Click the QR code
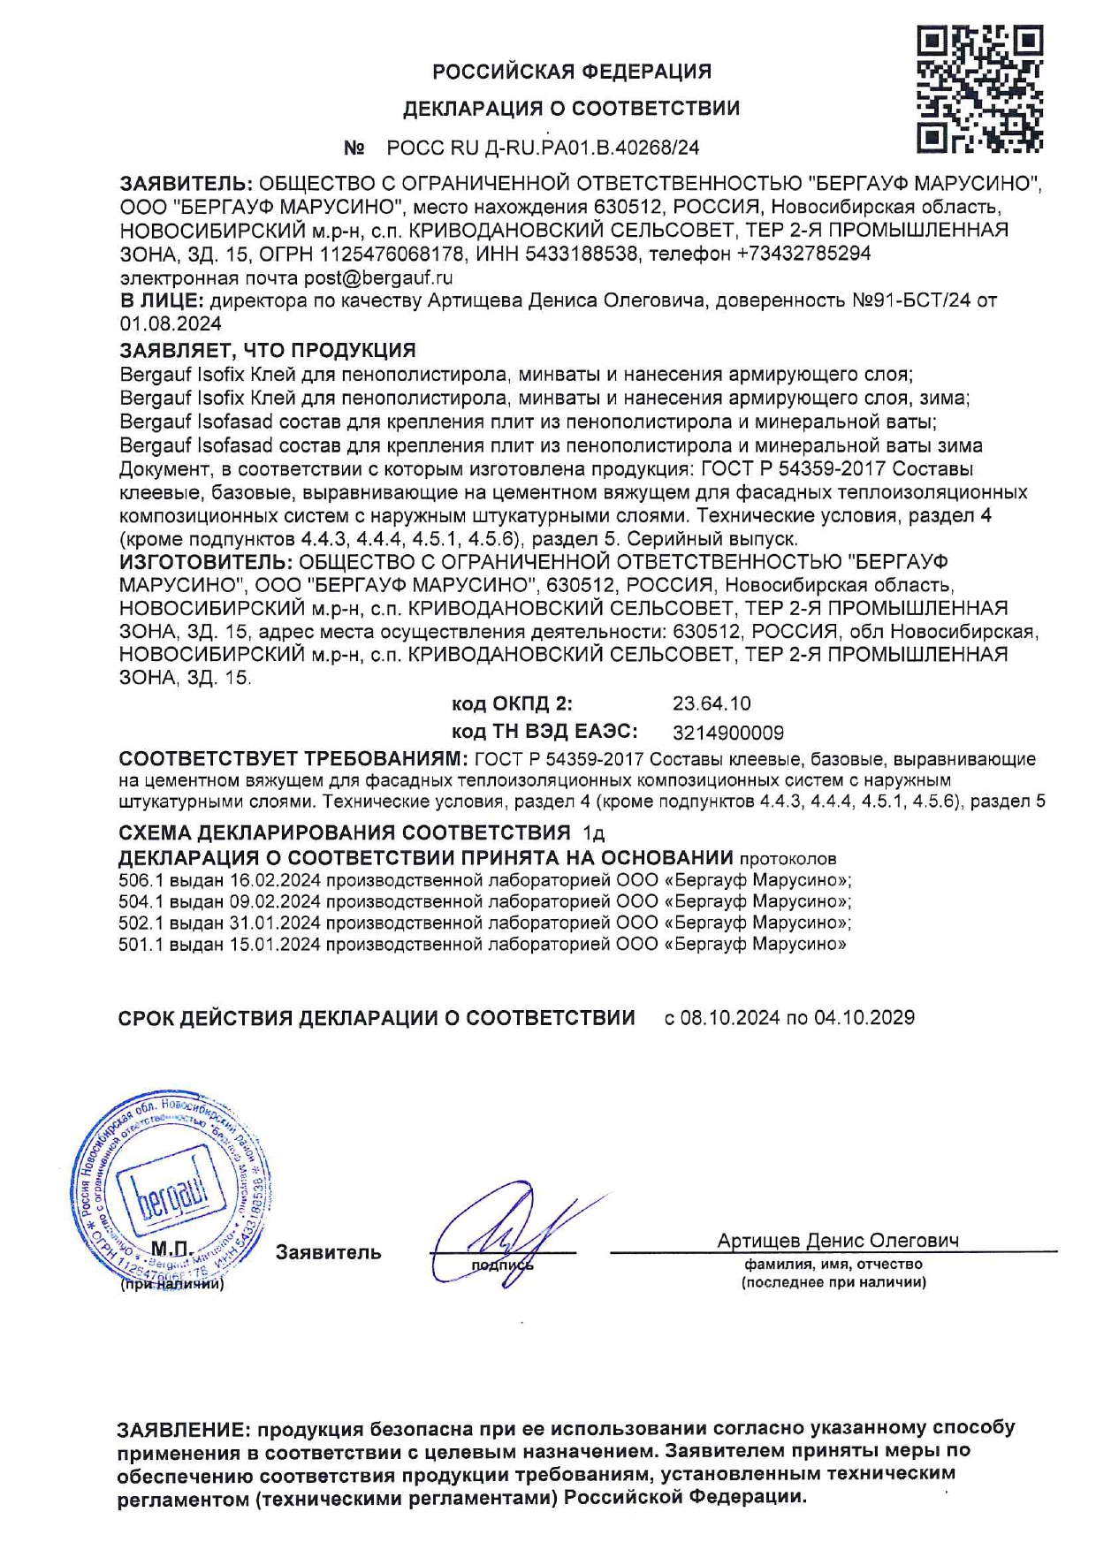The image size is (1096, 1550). click(x=979, y=88)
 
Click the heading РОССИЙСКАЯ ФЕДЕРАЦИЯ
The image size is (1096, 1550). click(x=572, y=72)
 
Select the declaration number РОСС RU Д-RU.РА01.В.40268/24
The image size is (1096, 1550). click(x=543, y=148)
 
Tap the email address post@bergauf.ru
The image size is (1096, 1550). click(x=378, y=277)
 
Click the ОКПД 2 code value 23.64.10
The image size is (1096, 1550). click(x=712, y=703)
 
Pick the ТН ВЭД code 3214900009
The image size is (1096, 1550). click(x=727, y=733)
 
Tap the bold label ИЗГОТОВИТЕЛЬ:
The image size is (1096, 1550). click(x=205, y=562)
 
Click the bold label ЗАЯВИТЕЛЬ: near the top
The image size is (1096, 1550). click(x=186, y=184)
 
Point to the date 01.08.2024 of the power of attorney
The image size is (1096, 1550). click(x=171, y=324)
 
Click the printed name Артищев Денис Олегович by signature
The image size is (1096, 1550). click(x=837, y=1241)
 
